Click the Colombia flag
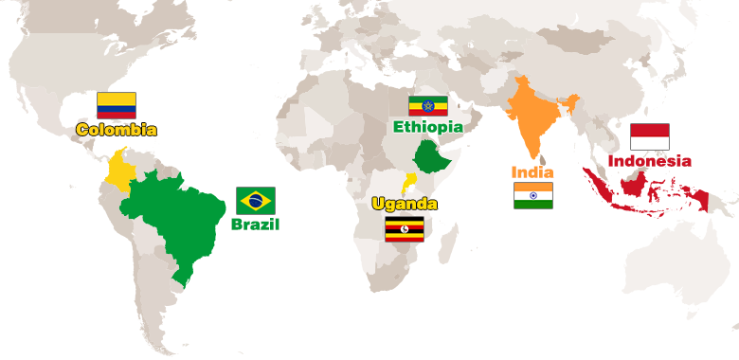click(117, 105)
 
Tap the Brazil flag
click(256, 200)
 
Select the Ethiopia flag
click(427, 106)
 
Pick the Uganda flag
click(405, 228)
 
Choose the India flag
click(533, 196)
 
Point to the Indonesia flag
click(650, 136)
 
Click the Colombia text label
click(117, 130)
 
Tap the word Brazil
click(256, 225)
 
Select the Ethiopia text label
click(428, 126)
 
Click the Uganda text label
click(405, 204)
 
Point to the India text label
click(532, 172)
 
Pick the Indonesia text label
click(650, 160)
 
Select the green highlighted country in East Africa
click(432, 156)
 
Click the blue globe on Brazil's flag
click(256, 200)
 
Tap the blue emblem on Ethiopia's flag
click(427, 106)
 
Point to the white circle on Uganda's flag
click(405, 228)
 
